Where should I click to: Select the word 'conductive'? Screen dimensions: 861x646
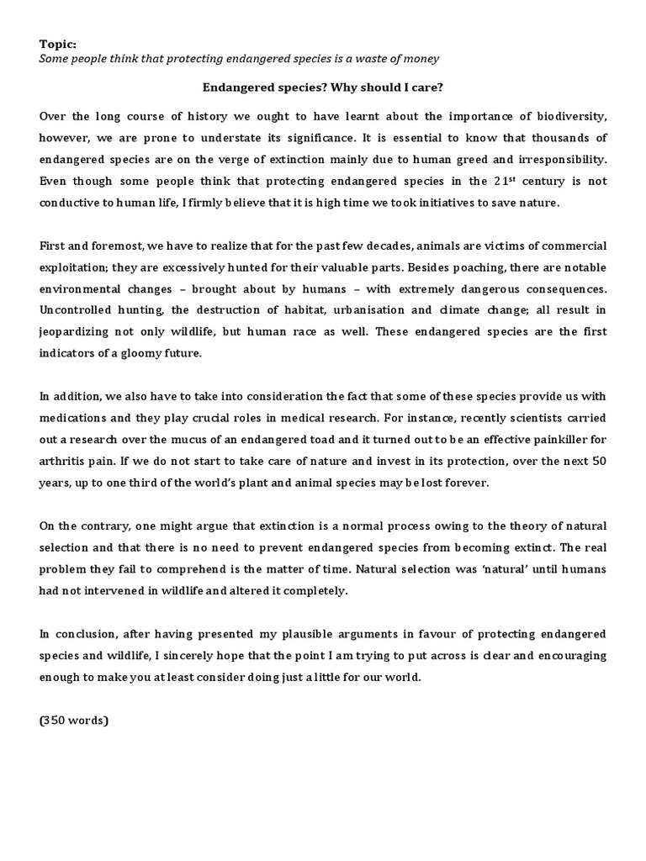pos(71,203)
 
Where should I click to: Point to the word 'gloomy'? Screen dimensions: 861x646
pos(136,354)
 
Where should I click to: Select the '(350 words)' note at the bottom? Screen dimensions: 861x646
pos(73,721)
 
